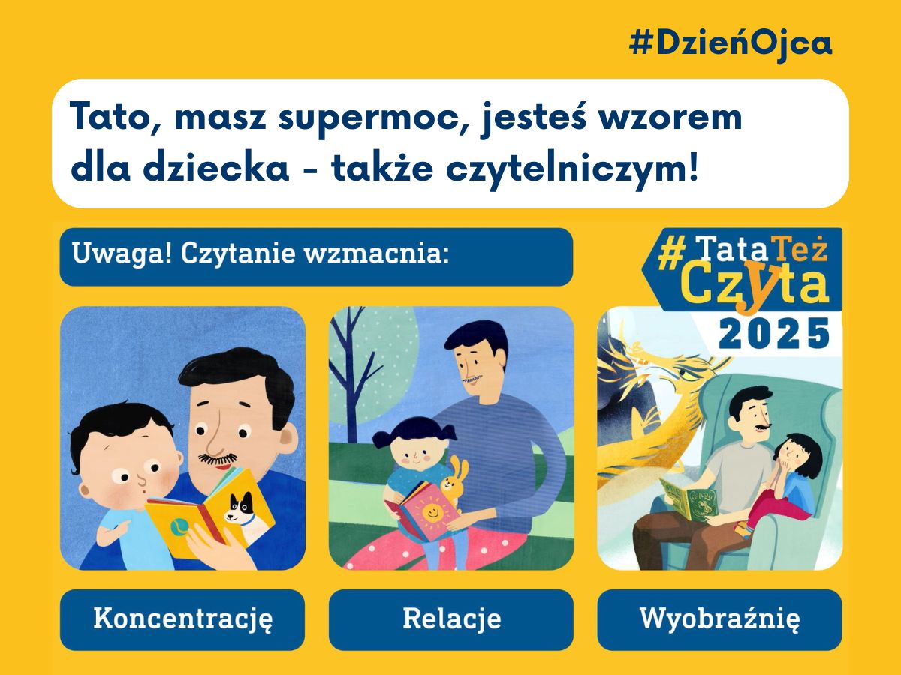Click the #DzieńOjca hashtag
pyautogui.click(x=731, y=44)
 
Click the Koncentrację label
pyautogui.click(x=182, y=619)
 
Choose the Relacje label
pyautogui.click(x=451, y=619)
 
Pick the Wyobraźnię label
pyautogui.click(x=719, y=619)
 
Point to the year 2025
pyautogui.click(x=773, y=334)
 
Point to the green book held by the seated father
pyautogui.click(x=689, y=501)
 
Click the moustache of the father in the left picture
pyautogui.click(x=218, y=457)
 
